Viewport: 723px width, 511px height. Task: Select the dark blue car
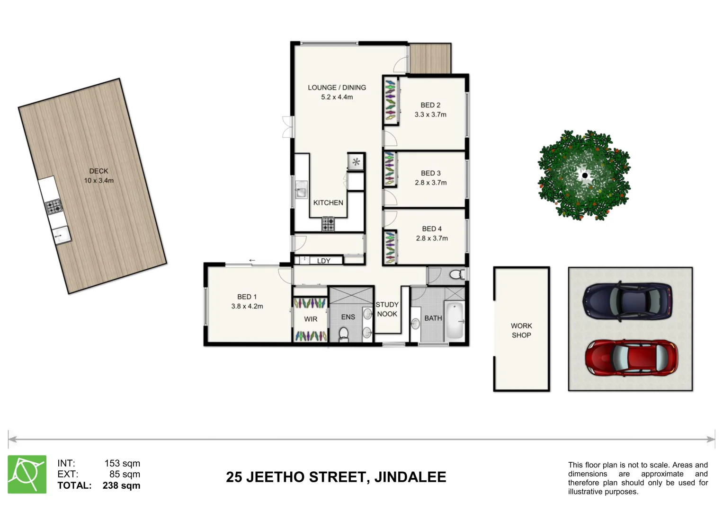tap(627, 301)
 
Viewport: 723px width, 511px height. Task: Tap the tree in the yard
tap(584, 176)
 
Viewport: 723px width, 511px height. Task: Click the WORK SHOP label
tap(521, 330)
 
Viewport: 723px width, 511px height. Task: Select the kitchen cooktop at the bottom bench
tap(328, 223)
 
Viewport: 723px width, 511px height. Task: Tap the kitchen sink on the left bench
tap(301, 191)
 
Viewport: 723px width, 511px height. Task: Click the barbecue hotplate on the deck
tap(54, 207)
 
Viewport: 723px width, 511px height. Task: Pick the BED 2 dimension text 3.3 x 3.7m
tap(430, 115)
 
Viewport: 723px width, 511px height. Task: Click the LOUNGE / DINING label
tap(337, 88)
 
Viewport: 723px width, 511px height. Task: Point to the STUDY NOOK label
tap(387, 309)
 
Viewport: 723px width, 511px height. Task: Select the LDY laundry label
tap(324, 261)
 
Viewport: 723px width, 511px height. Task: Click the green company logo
tap(27, 475)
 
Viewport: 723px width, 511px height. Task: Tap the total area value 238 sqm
tap(121, 485)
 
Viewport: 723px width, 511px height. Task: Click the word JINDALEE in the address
tap(410, 477)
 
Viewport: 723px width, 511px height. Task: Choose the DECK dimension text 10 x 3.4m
tap(98, 181)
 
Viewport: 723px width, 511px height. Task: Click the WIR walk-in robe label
tap(311, 319)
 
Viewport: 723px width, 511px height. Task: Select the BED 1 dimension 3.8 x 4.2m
tap(247, 307)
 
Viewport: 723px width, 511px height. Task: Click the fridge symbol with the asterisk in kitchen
tap(356, 162)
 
